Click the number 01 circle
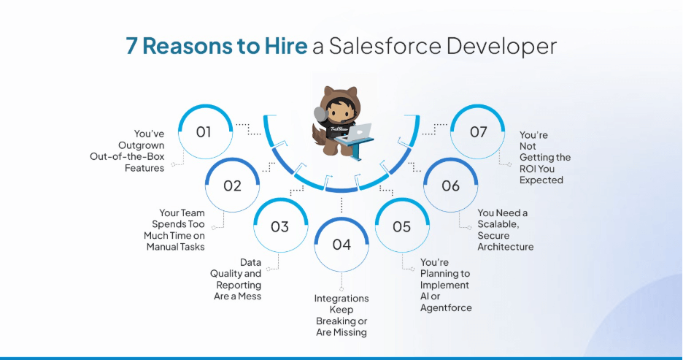click(x=204, y=132)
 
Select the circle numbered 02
click(x=232, y=185)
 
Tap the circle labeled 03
click(x=279, y=226)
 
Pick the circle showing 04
click(x=341, y=244)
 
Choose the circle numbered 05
click(x=402, y=226)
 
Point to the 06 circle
click(x=451, y=185)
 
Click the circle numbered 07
click(x=478, y=132)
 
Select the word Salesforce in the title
click(x=384, y=46)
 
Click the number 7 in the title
click(x=132, y=46)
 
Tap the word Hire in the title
click(x=285, y=46)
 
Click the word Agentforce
click(x=446, y=307)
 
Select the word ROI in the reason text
click(x=530, y=169)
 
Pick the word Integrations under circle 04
click(x=341, y=299)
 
